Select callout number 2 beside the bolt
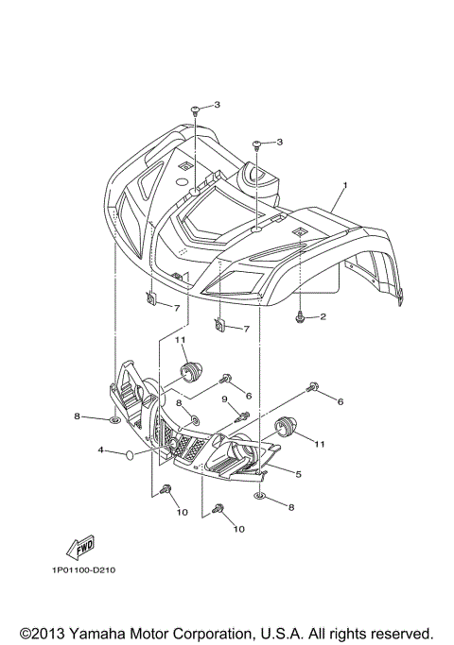click(323, 316)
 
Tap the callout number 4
click(100, 452)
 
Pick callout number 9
click(225, 399)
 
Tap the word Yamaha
click(111, 632)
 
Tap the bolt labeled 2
click(300, 317)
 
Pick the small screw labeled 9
click(244, 413)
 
